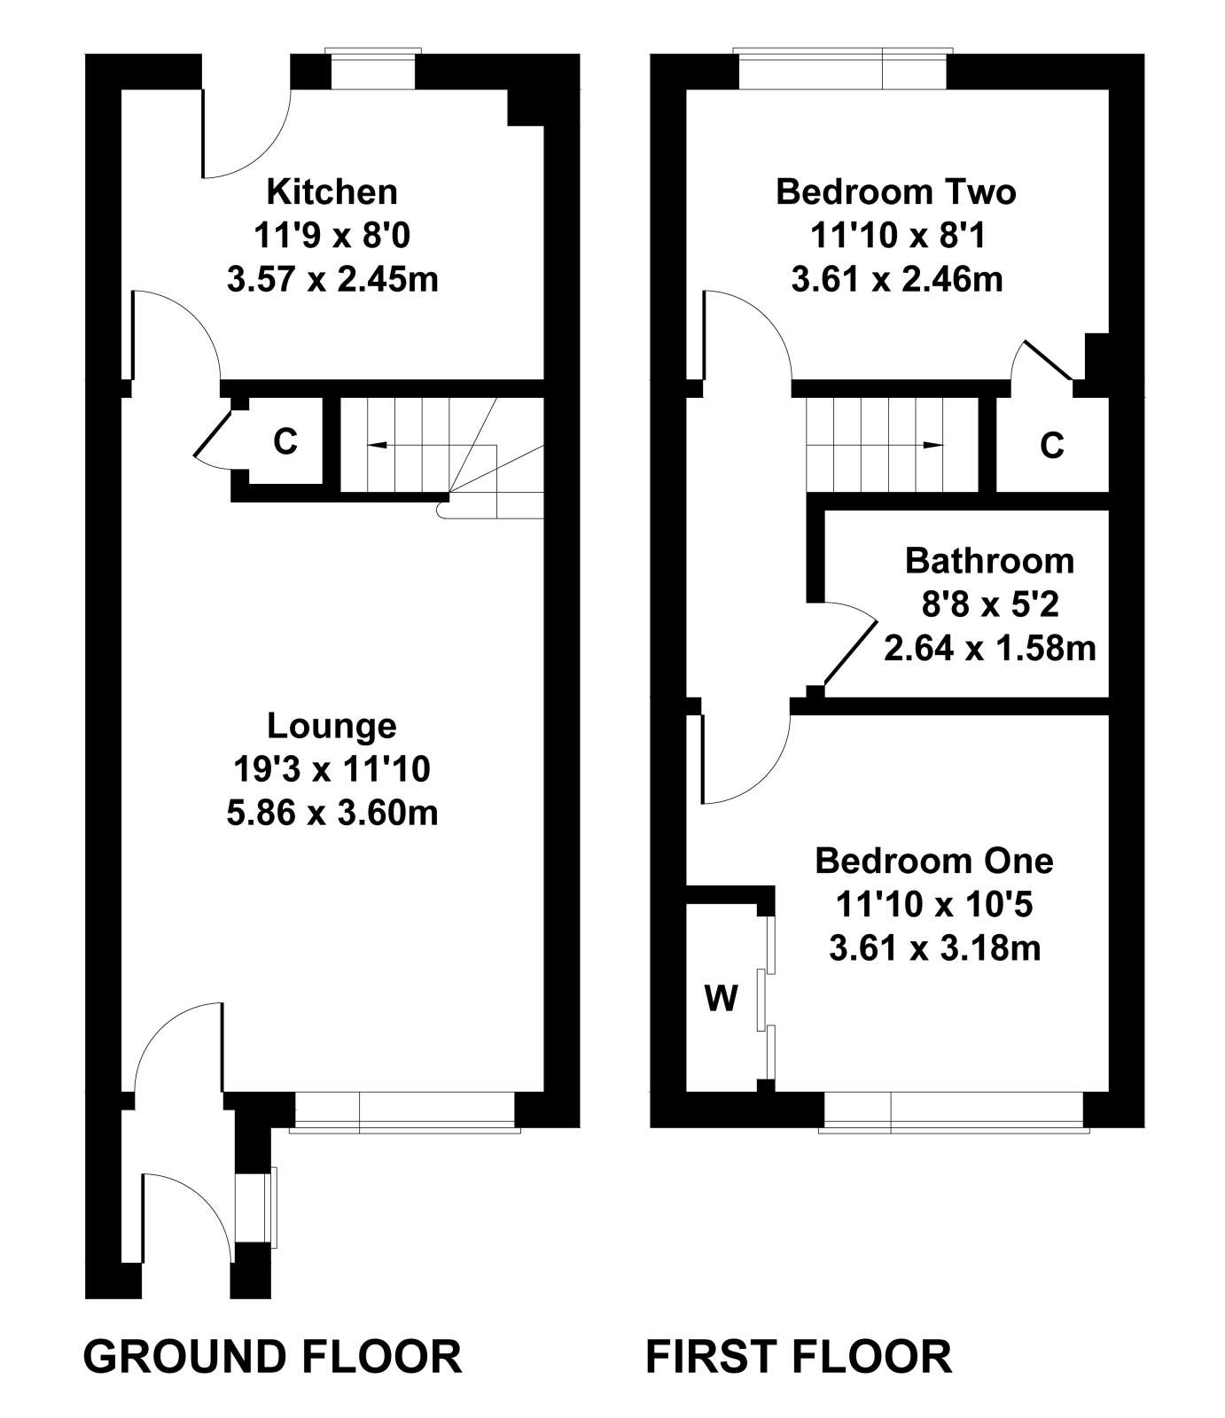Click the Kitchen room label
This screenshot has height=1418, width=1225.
(x=332, y=191)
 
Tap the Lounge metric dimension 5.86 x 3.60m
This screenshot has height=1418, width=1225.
(x=332, y=813)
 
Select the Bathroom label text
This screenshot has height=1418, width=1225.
(x=989, y=561)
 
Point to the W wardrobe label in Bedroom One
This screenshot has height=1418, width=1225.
(x=721, y=999)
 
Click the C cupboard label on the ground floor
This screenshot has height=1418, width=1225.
(x=285, y=440)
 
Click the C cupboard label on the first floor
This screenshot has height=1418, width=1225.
(x=1051, y=446)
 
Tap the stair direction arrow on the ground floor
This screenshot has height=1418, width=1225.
(x=377, y=444)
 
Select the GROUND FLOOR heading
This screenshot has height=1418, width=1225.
(x=272, y=1357)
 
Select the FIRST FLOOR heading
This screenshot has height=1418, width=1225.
(x=799, y=1357)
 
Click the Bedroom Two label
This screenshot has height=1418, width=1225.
(x=895, y=191)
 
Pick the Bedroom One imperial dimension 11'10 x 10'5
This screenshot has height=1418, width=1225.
(x=934, y=905)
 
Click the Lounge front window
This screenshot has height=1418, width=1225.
(x=405, y=1110)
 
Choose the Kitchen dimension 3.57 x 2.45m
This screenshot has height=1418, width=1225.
(x=332, y=280)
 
